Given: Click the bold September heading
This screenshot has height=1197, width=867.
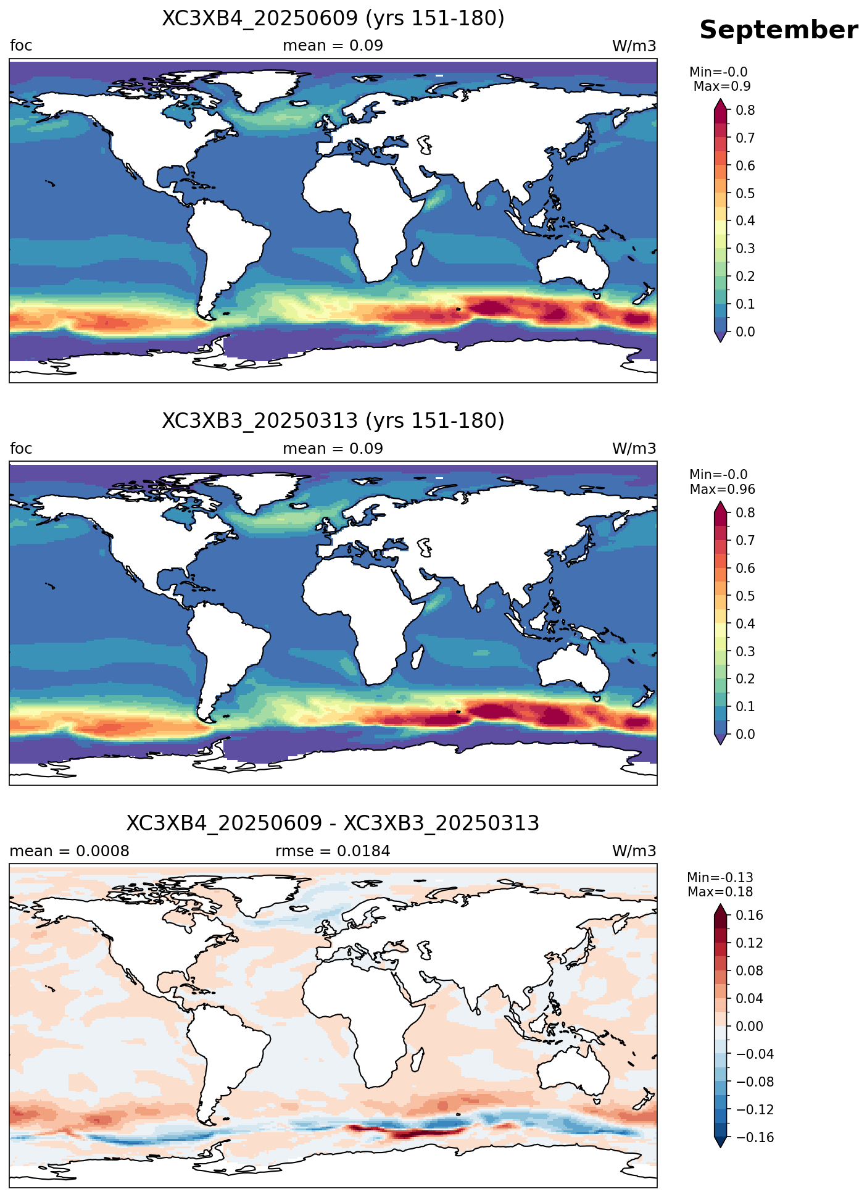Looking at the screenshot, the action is [x=778, y=30].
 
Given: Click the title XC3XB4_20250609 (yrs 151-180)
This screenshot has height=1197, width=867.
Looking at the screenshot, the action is [x=333, y=19].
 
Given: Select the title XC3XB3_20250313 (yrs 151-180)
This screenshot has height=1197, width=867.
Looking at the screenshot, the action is [x=333, y=421].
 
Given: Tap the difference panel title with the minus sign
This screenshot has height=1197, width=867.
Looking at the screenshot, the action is [x=333, y=824].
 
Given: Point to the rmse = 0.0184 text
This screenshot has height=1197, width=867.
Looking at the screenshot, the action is [x=333, y=851].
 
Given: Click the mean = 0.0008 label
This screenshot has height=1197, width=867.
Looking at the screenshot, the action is [x=70, y=851].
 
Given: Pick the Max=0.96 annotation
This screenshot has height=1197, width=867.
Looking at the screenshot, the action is [x=722, y=490].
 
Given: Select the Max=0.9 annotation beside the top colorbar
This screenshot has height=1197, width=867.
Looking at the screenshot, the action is [x=722, y=86].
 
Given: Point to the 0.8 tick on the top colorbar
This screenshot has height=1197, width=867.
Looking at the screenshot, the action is [x=745, y=110].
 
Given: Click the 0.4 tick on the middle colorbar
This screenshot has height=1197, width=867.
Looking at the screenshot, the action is [x=745, y=624].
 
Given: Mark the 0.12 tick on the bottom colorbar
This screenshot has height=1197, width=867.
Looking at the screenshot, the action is [x=750, y=943].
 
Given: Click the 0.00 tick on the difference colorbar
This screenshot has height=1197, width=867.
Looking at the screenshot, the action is [x=750, y=1027].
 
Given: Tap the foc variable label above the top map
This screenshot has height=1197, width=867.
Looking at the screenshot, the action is [x=21, y=46].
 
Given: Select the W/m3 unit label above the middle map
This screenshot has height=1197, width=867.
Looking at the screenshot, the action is [x=634, y=449].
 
